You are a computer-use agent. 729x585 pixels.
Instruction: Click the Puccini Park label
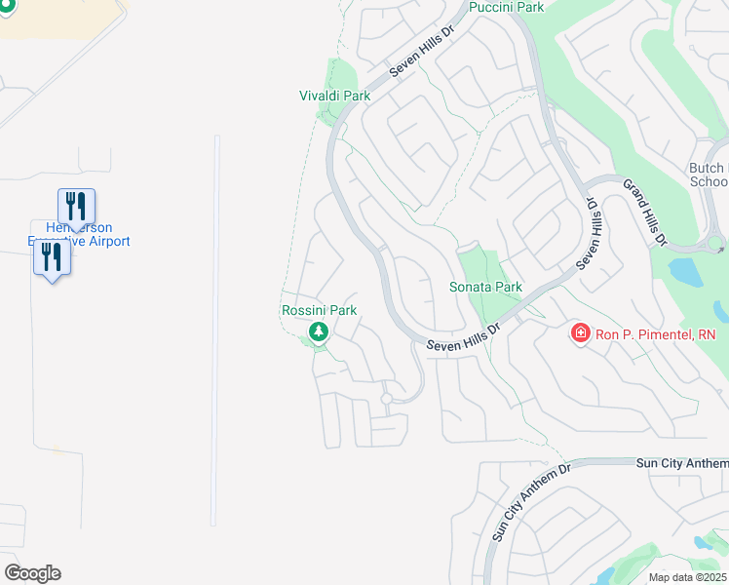[505, 8]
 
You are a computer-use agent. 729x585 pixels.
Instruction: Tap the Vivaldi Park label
[334, 96]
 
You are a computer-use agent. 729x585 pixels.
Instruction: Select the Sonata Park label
[485, 287]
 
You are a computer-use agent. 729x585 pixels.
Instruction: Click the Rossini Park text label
[319, 310]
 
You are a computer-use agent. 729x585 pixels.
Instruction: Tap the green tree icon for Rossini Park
[318, 333]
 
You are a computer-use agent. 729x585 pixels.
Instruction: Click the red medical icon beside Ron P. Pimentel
[580, 334]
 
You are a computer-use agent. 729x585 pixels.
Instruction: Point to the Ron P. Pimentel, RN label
[655, 334]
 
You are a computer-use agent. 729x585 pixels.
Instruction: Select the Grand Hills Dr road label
[645, 212]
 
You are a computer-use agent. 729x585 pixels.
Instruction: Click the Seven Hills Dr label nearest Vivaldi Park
[422, 52]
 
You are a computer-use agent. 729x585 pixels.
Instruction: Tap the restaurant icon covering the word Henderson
[76, 207]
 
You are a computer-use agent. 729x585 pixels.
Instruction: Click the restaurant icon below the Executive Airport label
[52, 258]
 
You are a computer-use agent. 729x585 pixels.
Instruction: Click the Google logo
[32, 573]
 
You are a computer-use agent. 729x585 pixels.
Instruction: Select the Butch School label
[709, 175]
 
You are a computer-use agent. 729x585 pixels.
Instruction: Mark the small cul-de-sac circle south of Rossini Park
[387, 399]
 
